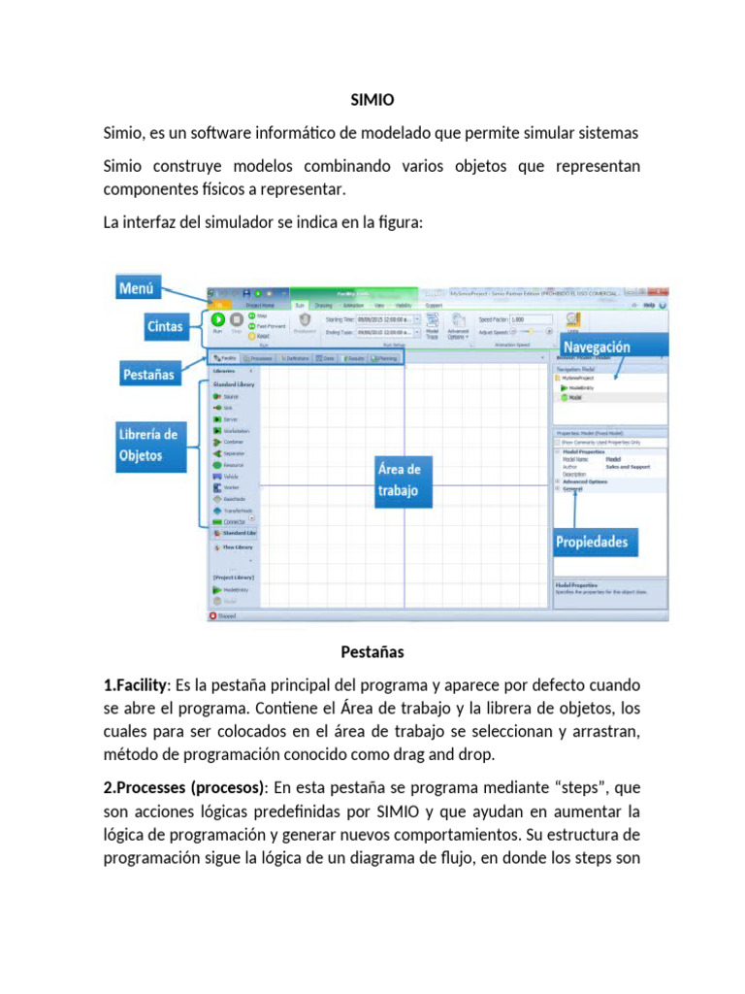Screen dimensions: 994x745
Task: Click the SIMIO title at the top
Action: (372, 99)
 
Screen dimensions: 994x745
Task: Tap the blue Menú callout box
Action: (139, 287)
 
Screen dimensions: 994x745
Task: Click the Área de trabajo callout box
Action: (398, 480)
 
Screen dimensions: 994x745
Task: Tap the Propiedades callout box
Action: (591, 542)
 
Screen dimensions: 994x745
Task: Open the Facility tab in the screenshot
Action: (224, 358)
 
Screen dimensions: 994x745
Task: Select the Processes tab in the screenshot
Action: (257, 358)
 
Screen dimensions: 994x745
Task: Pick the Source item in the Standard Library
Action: (229, 396)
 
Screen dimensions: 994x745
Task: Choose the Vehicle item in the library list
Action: (231, 477)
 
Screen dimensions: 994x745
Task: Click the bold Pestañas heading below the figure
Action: (372, 650)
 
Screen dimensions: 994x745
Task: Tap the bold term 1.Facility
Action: (135, 684)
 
